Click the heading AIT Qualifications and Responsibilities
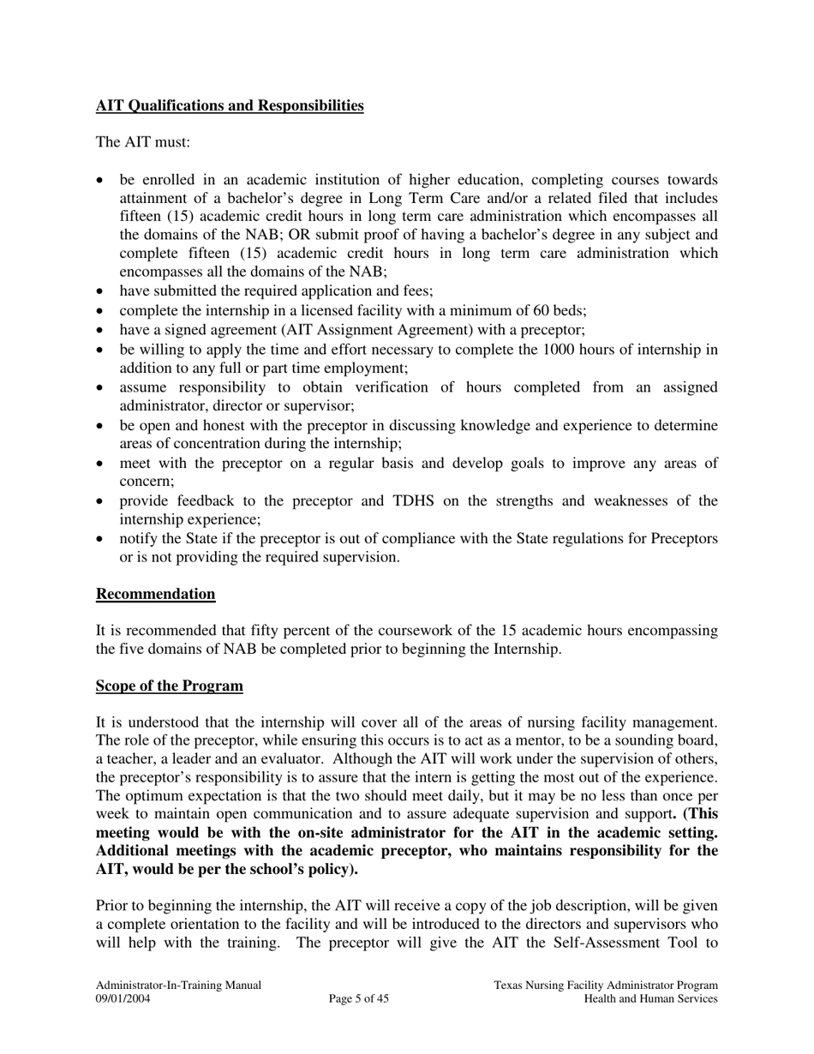230,106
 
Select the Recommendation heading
155,595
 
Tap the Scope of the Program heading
169,686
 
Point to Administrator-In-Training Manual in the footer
178,986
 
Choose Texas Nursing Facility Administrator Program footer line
606,986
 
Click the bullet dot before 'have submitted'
102,292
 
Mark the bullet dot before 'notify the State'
102,540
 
